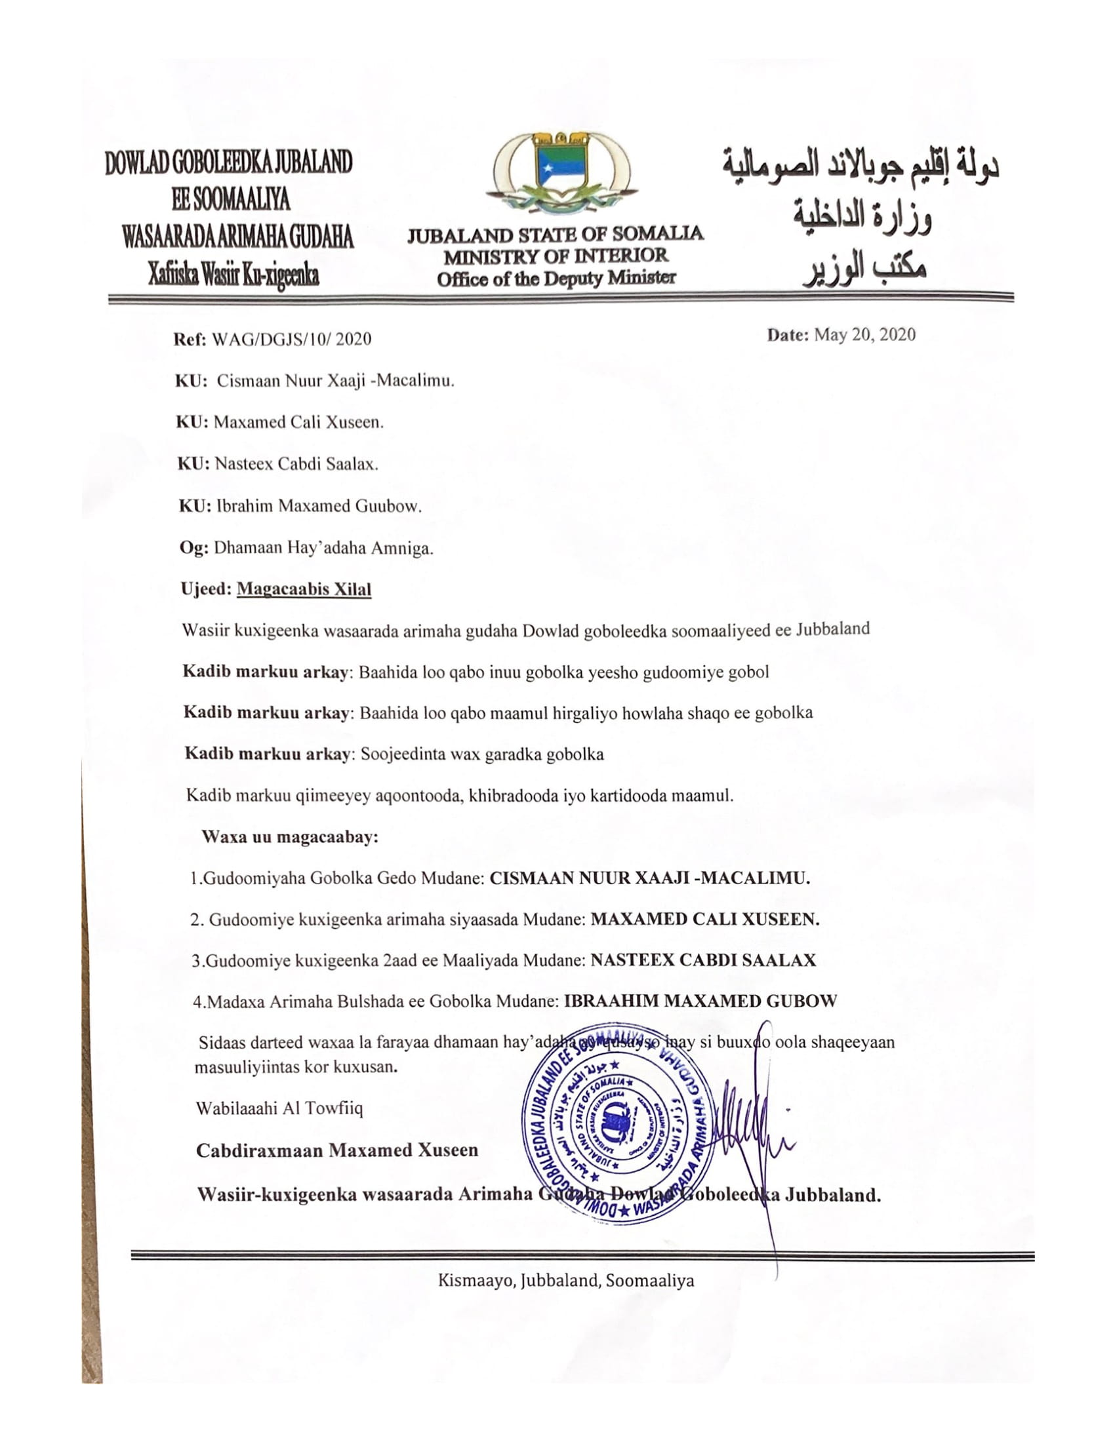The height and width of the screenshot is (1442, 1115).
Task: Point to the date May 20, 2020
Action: (864, 335)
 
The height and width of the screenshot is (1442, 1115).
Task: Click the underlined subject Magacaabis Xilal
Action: (304, 589)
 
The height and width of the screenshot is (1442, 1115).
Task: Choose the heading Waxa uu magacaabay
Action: (290, 837)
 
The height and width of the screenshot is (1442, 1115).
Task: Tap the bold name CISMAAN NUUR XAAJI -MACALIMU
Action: (650, 878)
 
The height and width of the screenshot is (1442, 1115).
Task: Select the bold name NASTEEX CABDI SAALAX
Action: (703, 960)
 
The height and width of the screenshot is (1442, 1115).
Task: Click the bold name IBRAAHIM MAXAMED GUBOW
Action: (700, 1001)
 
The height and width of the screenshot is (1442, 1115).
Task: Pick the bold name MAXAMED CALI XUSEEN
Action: (705, 919)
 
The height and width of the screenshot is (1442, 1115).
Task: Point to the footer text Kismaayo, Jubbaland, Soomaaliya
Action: (565, 1281)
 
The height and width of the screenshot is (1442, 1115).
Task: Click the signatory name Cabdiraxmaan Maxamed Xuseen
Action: (337, 1150)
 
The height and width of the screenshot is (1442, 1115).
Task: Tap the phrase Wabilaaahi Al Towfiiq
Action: (279, 1108)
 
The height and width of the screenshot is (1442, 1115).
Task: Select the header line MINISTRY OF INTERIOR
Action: (556, 256)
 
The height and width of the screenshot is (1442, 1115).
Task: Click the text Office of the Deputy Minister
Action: (556, 279)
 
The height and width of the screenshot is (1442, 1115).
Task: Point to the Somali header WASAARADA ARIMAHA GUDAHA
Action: (238, 237)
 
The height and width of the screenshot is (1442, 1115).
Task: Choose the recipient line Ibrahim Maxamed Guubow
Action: (318, 507)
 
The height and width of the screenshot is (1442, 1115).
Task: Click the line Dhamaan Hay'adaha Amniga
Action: (323, 548)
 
